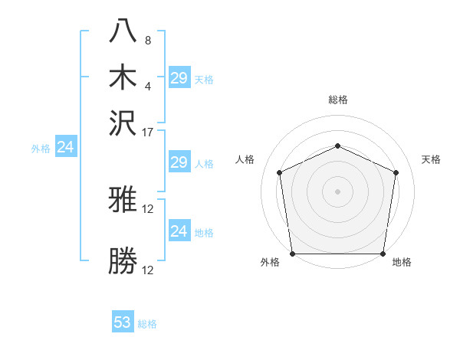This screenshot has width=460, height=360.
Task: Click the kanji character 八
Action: coord(123,32)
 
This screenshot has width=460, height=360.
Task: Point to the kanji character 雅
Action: coord(123,201)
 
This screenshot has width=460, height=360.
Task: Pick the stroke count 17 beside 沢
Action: coord(148,132)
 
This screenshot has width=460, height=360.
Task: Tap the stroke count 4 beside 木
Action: coord(148,86)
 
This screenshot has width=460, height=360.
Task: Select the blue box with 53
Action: coord(123,322)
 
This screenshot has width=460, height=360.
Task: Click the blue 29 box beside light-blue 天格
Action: coord(179,77)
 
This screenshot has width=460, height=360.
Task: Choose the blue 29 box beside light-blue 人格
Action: coord(179,162)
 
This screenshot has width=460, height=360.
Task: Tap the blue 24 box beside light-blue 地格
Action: coord(179,231)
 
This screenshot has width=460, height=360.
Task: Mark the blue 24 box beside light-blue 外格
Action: coord(65,147)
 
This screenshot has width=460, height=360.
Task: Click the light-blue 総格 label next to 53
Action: coord(147,324)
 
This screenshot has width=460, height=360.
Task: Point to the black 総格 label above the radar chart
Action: coord(337,100)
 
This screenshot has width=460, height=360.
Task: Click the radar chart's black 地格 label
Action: coord(402,263)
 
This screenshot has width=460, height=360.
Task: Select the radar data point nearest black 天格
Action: coord(396,172)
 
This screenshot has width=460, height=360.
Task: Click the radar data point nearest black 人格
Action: coord(279,172)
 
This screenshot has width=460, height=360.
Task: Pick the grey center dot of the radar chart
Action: coord(337,191)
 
